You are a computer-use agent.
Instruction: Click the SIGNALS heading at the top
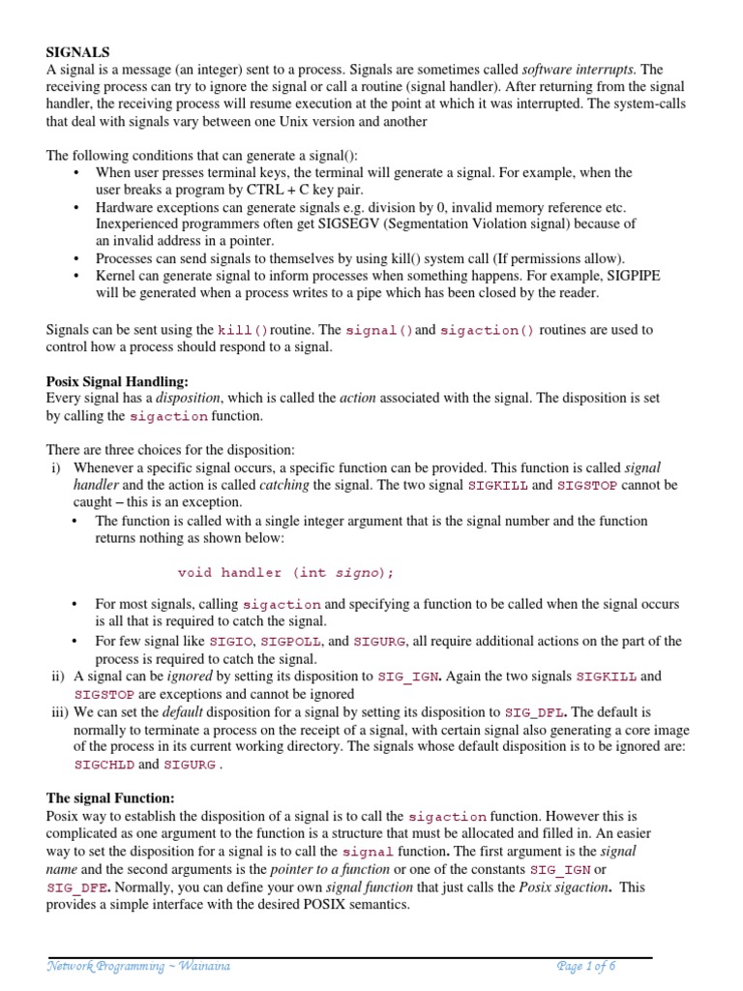(x=78, y=51)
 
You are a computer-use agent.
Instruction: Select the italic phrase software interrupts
(x=579, y=70)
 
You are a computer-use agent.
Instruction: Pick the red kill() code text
(x=242, y=331)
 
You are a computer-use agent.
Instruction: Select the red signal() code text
(x=379, y=331)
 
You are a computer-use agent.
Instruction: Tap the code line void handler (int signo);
(x=286, y=572)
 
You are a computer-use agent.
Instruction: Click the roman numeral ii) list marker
(x=57, y=676)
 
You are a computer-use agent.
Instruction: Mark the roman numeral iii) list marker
(x=58, y=711)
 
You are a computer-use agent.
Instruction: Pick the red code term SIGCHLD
(x=104, y=765)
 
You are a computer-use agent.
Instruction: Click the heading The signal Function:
(x=110, y=798)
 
